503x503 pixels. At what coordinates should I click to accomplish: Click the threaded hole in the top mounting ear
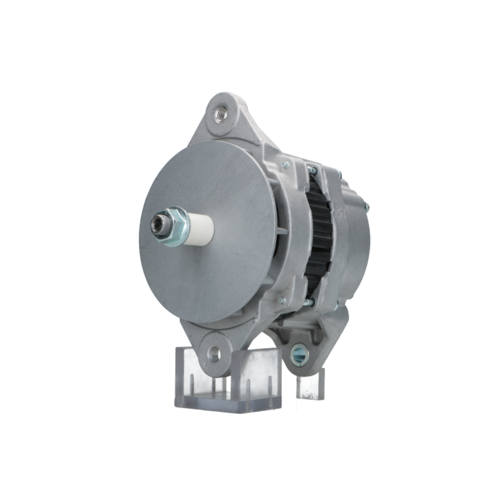[x=221, y=114]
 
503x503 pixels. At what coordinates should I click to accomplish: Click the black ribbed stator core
[x=318, y=236]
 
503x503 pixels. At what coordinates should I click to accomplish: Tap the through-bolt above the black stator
[x=312, y=171]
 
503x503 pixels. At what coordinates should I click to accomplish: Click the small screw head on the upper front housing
[x=285, y=164]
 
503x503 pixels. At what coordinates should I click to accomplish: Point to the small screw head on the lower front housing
[x=282, y=300]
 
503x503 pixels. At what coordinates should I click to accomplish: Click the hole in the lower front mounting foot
[x=214, y=354]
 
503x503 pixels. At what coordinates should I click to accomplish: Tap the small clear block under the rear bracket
[x=310, y=385]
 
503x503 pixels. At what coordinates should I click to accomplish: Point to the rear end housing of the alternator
[x=355, y=236]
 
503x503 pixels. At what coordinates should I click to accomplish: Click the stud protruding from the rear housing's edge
[x=366, y=206]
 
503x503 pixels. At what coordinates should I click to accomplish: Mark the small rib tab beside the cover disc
[x=281, y=231]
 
